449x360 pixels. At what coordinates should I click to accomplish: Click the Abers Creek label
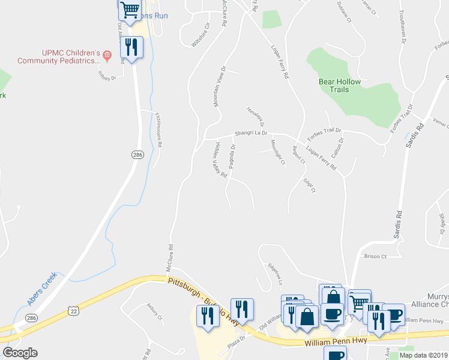pos(42,288)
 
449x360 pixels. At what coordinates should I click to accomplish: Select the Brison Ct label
pos(375,256)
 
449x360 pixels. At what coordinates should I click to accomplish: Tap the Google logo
pos(20,353)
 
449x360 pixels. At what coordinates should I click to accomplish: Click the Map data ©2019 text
pos(423,355)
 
